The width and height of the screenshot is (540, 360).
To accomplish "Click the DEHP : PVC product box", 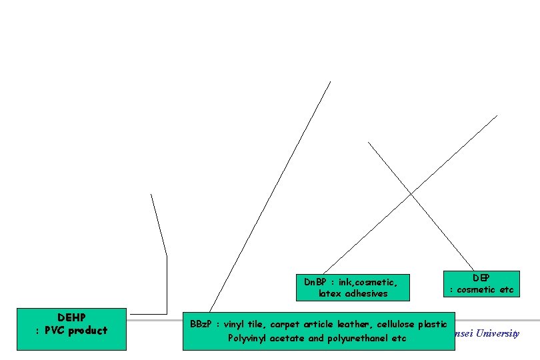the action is [71, 328].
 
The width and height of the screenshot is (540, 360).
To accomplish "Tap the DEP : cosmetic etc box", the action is [482, 283].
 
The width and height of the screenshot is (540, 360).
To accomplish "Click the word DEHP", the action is [71, 317].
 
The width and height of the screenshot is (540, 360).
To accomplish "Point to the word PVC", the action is [55, 330].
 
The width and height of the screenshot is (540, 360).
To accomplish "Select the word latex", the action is [332, 293].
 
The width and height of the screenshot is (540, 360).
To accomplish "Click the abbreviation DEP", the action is [481, 277].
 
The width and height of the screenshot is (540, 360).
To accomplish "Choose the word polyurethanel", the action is [355, 338].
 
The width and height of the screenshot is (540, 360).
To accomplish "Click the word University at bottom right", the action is [497, 333].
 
